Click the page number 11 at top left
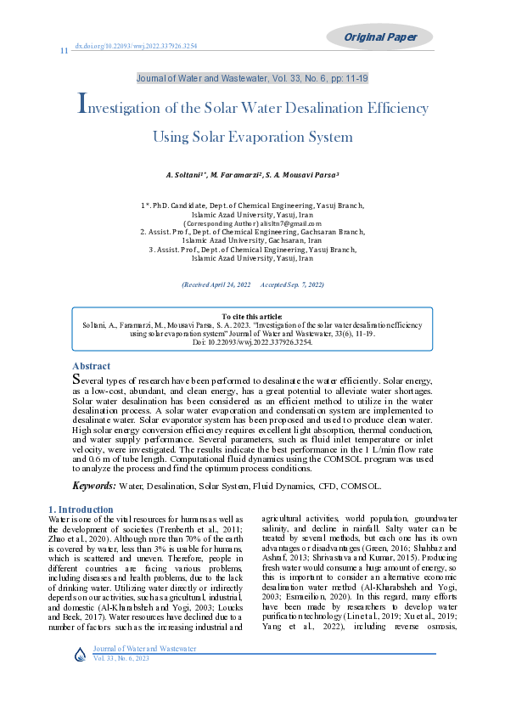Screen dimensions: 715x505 (64, 51)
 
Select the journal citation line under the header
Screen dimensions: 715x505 (252, 78)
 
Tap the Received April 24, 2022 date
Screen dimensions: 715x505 (216, 284)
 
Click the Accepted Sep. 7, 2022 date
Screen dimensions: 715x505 (292, 284)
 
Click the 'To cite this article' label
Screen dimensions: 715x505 (252, 316)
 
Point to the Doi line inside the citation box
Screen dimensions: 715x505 (252, 341)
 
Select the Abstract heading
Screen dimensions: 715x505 (91, 366)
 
